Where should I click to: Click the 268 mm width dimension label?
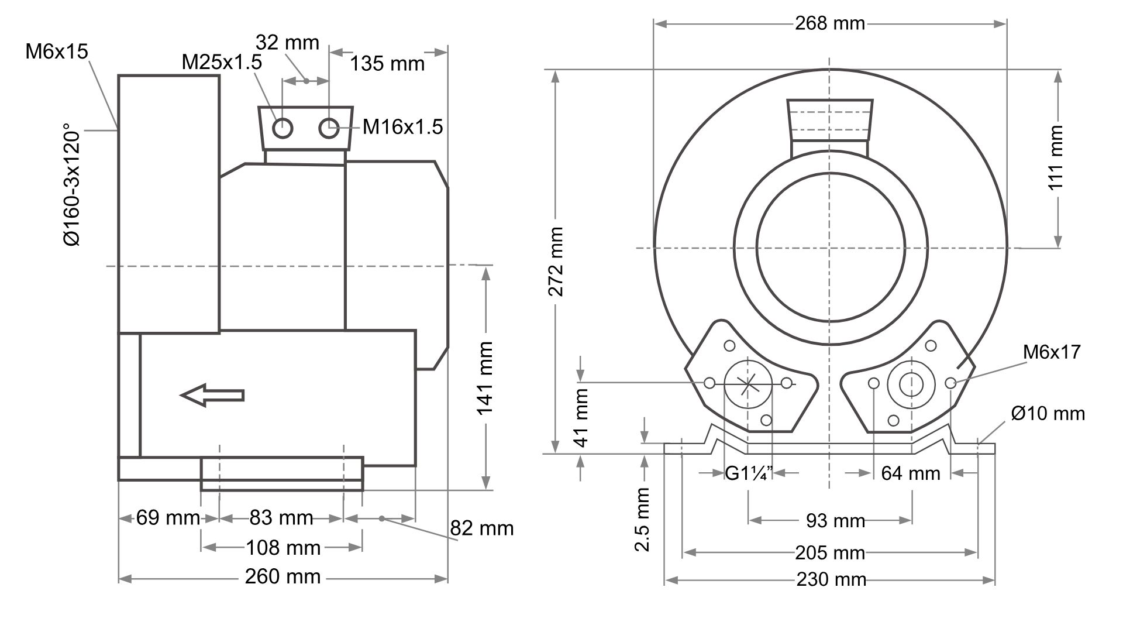pyautogui.click(x=829, y=23)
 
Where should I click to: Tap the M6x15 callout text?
pyautogui.click(x=57, y=51)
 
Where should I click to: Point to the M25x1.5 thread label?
pyautogui.click(x=222, y=62)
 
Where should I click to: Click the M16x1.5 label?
pyautogui.click(x=402, y=127)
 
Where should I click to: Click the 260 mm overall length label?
pyautogui.click(x=283, y=577)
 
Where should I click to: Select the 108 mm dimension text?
pyautogui.click(x=283, y=548)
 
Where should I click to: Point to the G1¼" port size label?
pyautogui.click(x=749, y=473)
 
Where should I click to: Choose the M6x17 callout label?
pyautogui.click(x=1052, y=352)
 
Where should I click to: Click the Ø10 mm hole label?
pyautogui.click(x=1048, y=414)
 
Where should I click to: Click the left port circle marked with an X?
pyautogui.click(x=748, y=384)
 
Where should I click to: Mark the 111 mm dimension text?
pyautogui.click(x=1056, y=158)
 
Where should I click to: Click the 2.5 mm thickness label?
pyautogui.click(x=643, y=520)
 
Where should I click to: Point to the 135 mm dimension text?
pyautogui.click(x=387, y=63)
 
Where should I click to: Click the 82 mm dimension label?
pyautogui.click(x=481, y=528)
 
